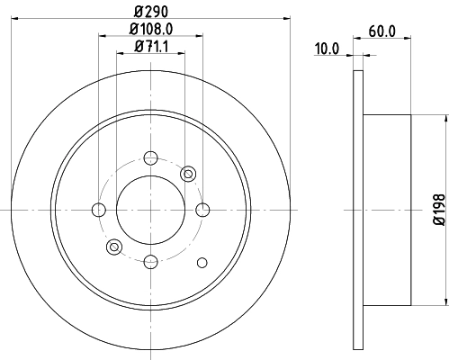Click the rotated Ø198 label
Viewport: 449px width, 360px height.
439,209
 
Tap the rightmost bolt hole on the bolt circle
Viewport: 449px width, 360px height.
203,210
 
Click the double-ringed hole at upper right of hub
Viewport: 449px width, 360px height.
188,173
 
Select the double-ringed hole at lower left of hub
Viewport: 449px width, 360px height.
114,247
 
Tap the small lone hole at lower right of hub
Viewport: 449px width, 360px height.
202,262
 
